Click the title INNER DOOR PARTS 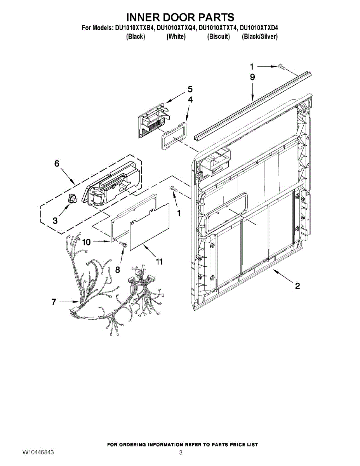[180, 17]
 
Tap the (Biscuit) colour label [218, 37]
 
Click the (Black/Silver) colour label [259, 37]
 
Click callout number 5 [190, 89]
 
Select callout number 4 [190, 100]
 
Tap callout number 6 [57, 164]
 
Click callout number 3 [55, 221]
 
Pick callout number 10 [86, 242]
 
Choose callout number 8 [117, 269]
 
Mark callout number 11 [159, 261]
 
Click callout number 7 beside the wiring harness [54, 301]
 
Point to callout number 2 [297, 286]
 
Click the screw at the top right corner [282, 67]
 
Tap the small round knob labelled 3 [72, 199]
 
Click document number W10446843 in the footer [38, 453]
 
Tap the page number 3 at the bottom [181, 453]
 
